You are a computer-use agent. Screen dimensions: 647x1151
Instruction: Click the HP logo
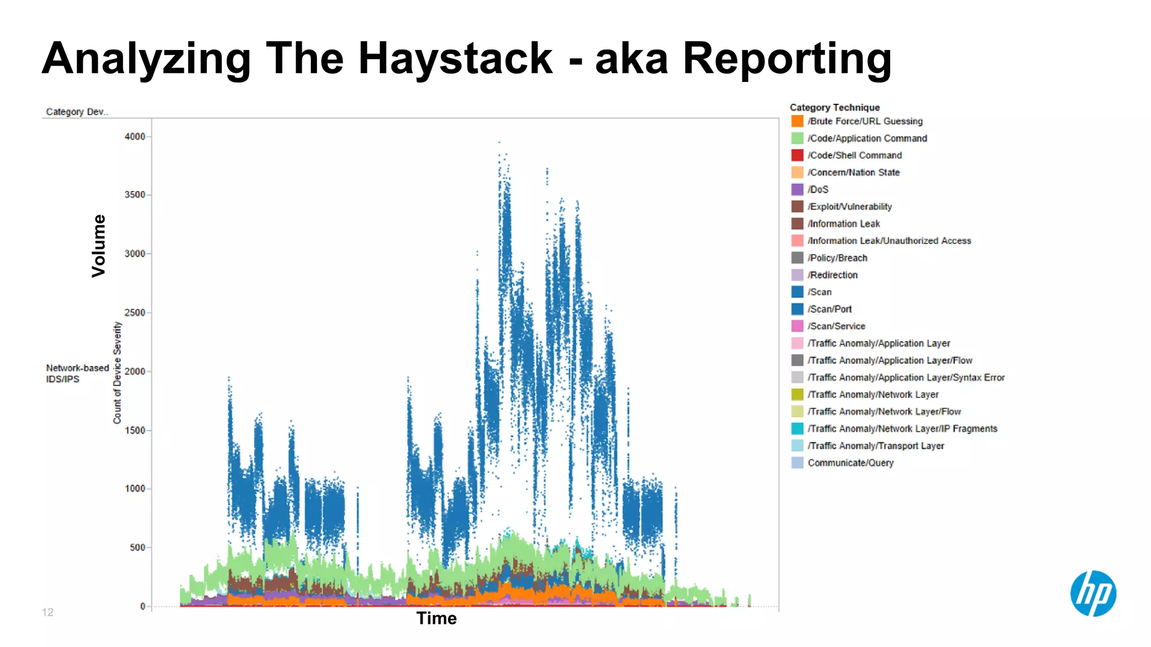[1093, 594]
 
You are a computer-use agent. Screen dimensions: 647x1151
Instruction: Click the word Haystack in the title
[455, 58]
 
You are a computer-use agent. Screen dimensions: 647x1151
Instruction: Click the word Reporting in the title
[787, 60]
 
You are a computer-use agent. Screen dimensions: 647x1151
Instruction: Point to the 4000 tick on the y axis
[135, 136]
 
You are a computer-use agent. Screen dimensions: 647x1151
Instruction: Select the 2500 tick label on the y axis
[135, 312]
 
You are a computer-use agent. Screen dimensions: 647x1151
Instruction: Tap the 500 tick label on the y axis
[137, 547]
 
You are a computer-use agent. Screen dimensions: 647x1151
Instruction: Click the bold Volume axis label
[99, 246]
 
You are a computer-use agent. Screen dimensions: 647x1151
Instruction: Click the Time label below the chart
[436, 618]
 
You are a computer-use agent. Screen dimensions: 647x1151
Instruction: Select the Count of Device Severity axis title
[117, 372]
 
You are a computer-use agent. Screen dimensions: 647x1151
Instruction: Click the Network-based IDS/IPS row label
[77, 373]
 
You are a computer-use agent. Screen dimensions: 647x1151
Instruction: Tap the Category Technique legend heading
[834, 107]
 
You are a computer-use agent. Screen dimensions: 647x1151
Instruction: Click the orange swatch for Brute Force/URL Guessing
[797, 121]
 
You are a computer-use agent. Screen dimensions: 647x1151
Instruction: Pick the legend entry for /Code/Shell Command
[854, 156]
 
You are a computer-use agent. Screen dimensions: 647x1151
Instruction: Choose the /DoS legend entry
[818, 190]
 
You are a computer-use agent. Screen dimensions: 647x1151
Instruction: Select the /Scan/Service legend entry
[836, 326]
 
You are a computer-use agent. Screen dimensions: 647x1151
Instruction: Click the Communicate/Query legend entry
[850, 463]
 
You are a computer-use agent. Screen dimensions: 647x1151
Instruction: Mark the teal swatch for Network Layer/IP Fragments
[797, 429]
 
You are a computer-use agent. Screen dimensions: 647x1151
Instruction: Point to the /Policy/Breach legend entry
[837, 258]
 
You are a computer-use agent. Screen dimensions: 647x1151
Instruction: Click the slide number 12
[48, 612]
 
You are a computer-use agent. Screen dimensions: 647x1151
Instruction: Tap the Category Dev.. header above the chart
[76, 112]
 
